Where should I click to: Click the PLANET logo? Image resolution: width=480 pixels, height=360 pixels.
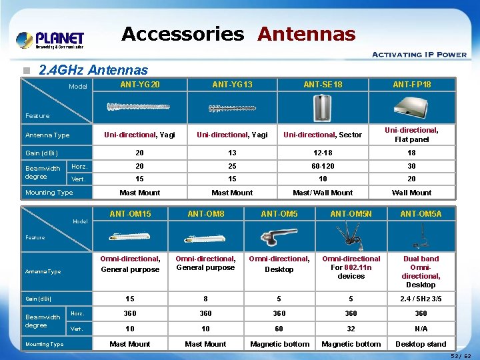(50, 40)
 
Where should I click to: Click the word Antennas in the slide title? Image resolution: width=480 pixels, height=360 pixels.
(307, 33)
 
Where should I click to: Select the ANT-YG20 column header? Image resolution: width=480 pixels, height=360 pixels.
(140, 85)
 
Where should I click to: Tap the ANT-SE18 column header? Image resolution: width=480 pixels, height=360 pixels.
(323, 85)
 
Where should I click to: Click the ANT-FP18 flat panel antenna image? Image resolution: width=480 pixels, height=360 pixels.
(412, 105)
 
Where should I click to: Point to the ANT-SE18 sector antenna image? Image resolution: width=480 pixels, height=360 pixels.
(323, 107)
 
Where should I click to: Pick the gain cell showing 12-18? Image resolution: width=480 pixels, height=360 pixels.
(323, 153)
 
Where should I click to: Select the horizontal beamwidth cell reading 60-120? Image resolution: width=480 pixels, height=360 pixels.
(323, 166)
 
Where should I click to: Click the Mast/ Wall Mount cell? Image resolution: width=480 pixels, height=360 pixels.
(323, 193)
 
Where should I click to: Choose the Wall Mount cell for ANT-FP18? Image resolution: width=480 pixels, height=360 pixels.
(411, 193)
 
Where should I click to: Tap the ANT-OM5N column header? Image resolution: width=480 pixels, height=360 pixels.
(351, 213)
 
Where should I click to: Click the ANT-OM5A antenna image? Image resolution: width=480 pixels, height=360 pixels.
(421, 237)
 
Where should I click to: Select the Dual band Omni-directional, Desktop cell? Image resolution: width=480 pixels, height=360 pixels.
(421, 271)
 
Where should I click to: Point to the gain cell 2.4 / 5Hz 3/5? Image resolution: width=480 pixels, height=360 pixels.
(421, 299)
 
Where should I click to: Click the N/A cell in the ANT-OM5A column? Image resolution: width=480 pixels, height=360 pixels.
(421, 329)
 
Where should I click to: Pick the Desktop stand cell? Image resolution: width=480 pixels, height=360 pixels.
(421, 344)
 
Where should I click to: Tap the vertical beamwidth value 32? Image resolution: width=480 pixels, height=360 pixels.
(351, 329)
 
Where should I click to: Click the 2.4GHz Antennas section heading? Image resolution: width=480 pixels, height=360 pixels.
(93, 69)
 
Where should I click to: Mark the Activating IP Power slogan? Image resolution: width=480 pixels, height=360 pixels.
(419, 55)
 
